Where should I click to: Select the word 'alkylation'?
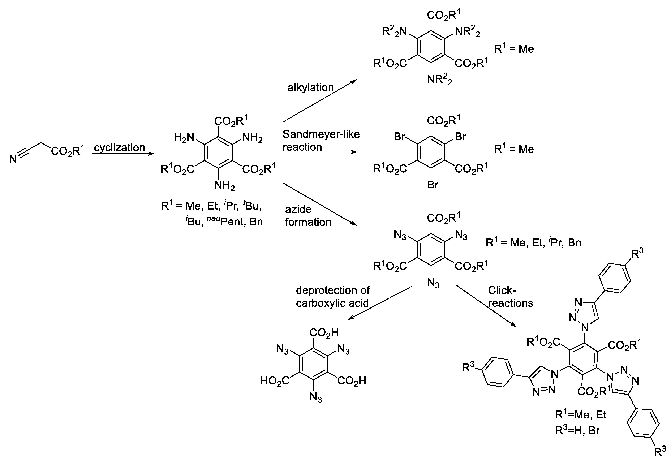311,87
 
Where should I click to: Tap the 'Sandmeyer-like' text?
321,134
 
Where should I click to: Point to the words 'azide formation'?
308,216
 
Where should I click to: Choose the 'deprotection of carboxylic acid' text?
332,297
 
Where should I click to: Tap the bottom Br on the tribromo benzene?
433,185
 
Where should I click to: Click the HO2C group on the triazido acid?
275,380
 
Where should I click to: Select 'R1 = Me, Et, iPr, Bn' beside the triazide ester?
533,242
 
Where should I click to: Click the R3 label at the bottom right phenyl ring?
660,452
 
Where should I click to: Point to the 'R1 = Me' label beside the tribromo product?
514,149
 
